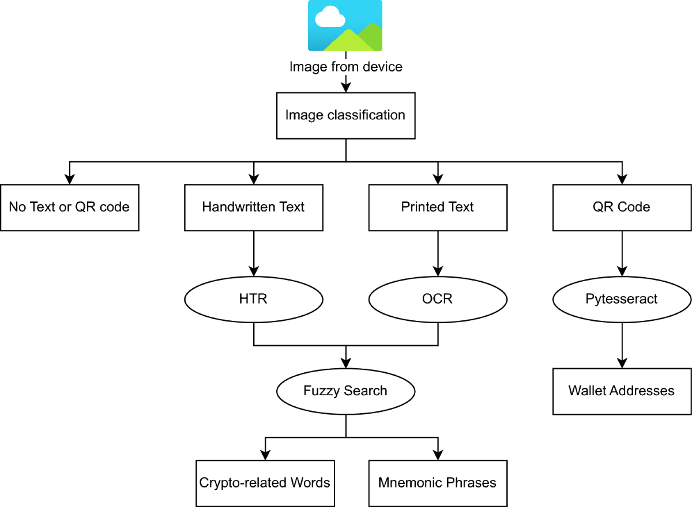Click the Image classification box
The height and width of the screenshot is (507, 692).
point(345,115)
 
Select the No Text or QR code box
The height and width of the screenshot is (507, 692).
point(69,207)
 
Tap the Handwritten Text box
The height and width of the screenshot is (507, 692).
point(253,207)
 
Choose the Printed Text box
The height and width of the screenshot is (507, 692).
point(438,207)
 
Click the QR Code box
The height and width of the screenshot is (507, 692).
point(622,207)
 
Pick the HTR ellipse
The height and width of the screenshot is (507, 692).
point(253,299)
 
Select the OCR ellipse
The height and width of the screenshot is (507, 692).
point(438,299)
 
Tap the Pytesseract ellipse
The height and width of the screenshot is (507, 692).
point(622,299)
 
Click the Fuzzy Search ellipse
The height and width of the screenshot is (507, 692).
point(345,391)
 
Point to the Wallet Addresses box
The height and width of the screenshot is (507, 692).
point(622,391)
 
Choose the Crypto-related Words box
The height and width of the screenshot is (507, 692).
point(265,483)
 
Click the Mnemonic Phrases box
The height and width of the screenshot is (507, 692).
point(438,483)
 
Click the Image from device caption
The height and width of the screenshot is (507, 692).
point(345,67)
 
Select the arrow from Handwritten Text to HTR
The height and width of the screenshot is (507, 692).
point(253,253)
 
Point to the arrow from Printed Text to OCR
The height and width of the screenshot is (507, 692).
point(438,253)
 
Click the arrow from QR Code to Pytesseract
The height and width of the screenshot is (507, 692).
point(622,253)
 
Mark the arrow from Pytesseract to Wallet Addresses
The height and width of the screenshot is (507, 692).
point(622,346)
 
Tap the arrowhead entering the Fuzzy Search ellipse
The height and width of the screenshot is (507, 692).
point(345,363)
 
